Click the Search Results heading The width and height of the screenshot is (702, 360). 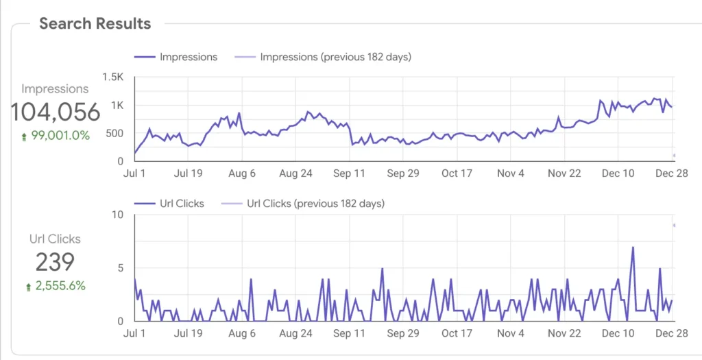pyautogui.click(x=95, y=23)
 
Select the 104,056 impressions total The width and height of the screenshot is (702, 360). pyautogui.click(x=55, y=111)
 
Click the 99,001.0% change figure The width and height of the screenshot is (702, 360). pyautogui.click(x=56, y=136)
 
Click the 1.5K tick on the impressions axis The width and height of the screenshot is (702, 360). pyautogui.click(x=114, y=77)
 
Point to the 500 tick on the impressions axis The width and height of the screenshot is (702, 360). pyautogui.click(x=115, y=133)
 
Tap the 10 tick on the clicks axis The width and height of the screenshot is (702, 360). pyautogui.click(x=118, y=215)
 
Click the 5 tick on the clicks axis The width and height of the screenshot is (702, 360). pyautogui.click(x=121, y=268)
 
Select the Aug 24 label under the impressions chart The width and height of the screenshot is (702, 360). pyautogui.click(x=295, y=173)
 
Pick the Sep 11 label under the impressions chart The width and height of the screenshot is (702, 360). pyautogui.click(x=350, y=173)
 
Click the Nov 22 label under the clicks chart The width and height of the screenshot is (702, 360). pyautogui.click(x=564, y=334)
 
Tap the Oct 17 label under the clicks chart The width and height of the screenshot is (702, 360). pyautogui.click(x=457, y=334)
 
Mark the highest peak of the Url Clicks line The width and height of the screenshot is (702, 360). pyautogui.click(x=633, y=247)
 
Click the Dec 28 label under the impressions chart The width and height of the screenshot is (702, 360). pyautogui.click(x=672, y=173)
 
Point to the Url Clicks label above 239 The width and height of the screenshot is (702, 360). pyautogui.click(x=55, y=239)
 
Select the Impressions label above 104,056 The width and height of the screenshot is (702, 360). pyautogui.click(x=55, y=89)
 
